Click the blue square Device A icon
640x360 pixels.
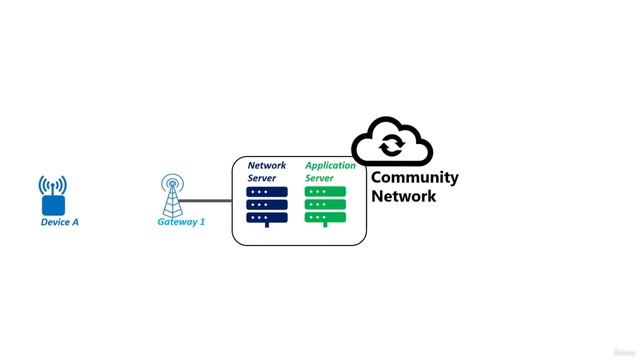click(53, 204)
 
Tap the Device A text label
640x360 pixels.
click(59, 222)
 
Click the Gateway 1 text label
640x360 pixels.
click(181, 222)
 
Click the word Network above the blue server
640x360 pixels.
click(267, 165)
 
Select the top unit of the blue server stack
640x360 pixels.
click(267, 191)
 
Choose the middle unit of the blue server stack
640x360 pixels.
click(267, 204)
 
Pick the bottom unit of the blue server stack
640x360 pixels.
click(267, 217)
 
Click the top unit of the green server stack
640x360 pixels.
click(325, 191)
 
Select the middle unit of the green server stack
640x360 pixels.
click(325, 204)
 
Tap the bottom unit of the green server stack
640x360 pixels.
click(325, 217)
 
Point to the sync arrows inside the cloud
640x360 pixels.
click(392, 146)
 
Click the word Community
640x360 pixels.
click(415, 178)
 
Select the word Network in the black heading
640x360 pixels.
click(404, 196)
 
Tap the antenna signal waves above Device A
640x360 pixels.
click(53, 185)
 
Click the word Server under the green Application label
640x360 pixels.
click(319, 177)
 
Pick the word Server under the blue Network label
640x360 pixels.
click(262, 177)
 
